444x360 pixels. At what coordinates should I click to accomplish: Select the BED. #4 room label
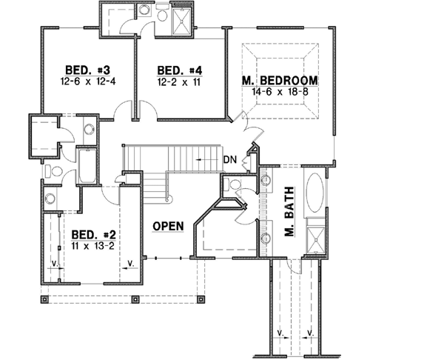(x=176, y=70)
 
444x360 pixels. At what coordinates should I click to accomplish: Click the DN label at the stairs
(x=230, y=159)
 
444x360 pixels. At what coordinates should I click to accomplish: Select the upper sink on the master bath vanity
(x=263, y=187)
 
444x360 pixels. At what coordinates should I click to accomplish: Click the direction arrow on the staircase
(x=203, y=159)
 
